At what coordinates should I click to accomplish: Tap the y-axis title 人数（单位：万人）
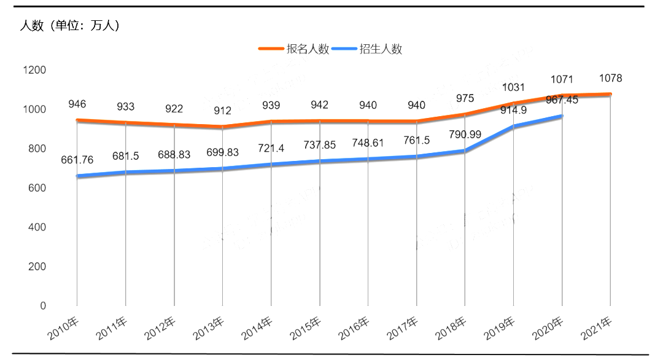(69, 26)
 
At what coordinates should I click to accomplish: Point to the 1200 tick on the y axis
(34, 70)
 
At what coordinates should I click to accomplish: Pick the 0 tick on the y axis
(43, 306)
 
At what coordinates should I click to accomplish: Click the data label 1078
(611, 79)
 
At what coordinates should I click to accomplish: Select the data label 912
(222, 111)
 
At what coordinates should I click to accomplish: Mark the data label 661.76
(77, 161)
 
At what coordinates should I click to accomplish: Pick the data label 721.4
(271, 149)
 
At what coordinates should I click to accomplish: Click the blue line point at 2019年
(513, 127)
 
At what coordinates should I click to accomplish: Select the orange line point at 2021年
(610, 94)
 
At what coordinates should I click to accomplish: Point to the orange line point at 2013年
(222, 127)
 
